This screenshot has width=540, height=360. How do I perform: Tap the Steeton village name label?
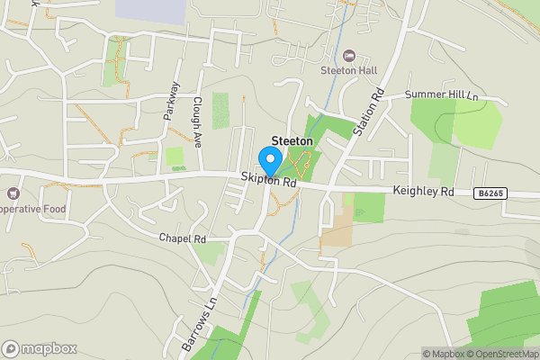click(292, 141)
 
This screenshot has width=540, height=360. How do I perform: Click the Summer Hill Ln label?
click(440, 94)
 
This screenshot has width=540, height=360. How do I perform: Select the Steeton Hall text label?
click(349, 71)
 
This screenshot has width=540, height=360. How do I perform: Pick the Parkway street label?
click(171, 101)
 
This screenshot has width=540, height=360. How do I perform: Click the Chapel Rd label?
click(183, 238)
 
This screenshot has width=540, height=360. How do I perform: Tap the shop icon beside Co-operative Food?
click(12, 193)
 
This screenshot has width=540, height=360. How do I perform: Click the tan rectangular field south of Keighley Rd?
click(337, 230)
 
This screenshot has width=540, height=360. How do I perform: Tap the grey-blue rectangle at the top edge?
click(151, 8)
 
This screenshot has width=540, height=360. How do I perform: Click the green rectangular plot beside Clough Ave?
click(220, 110)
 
